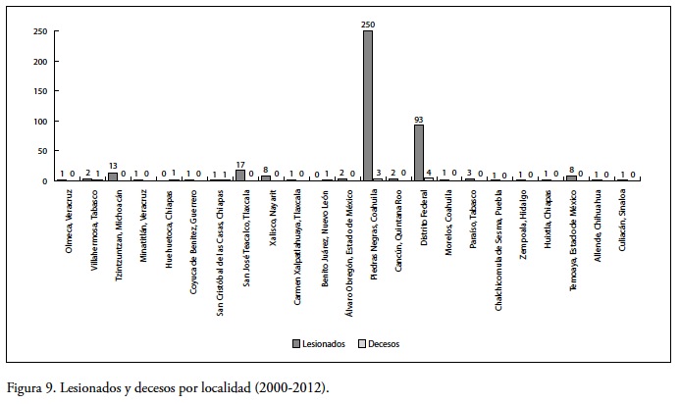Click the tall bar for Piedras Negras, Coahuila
click(x=368, y=105)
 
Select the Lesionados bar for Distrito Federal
click(x=419, y=152)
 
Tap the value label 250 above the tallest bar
click(x=368, y=24)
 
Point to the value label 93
click(x=419, y=118)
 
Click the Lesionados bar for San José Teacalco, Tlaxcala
click(x=240, y=175)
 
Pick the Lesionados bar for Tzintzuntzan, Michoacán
click(x=113, y=177)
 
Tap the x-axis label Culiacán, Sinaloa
click(x=623, y=222)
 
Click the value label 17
click(x=240, y=163)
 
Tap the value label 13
click(x=113, y=166)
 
